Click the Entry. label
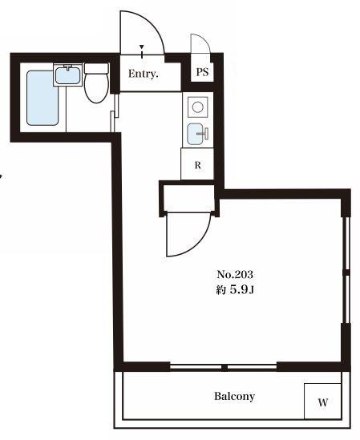coord(144,74)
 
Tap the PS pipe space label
coord(202,72)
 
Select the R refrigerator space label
coord(198,165)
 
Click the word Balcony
coord(234,396)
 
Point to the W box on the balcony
coord(323,402)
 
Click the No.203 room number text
coord(235,274)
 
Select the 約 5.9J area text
coord(235,290)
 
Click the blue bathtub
coord(42,98)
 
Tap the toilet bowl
coord(96,88)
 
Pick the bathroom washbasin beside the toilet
coord(68,74)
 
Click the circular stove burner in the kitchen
coord(198,107)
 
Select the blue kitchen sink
coord(195,134)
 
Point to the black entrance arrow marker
coord(142,46)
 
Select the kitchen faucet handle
coord(206,134)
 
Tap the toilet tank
coord(96,68)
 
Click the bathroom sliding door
coord(115,112)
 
